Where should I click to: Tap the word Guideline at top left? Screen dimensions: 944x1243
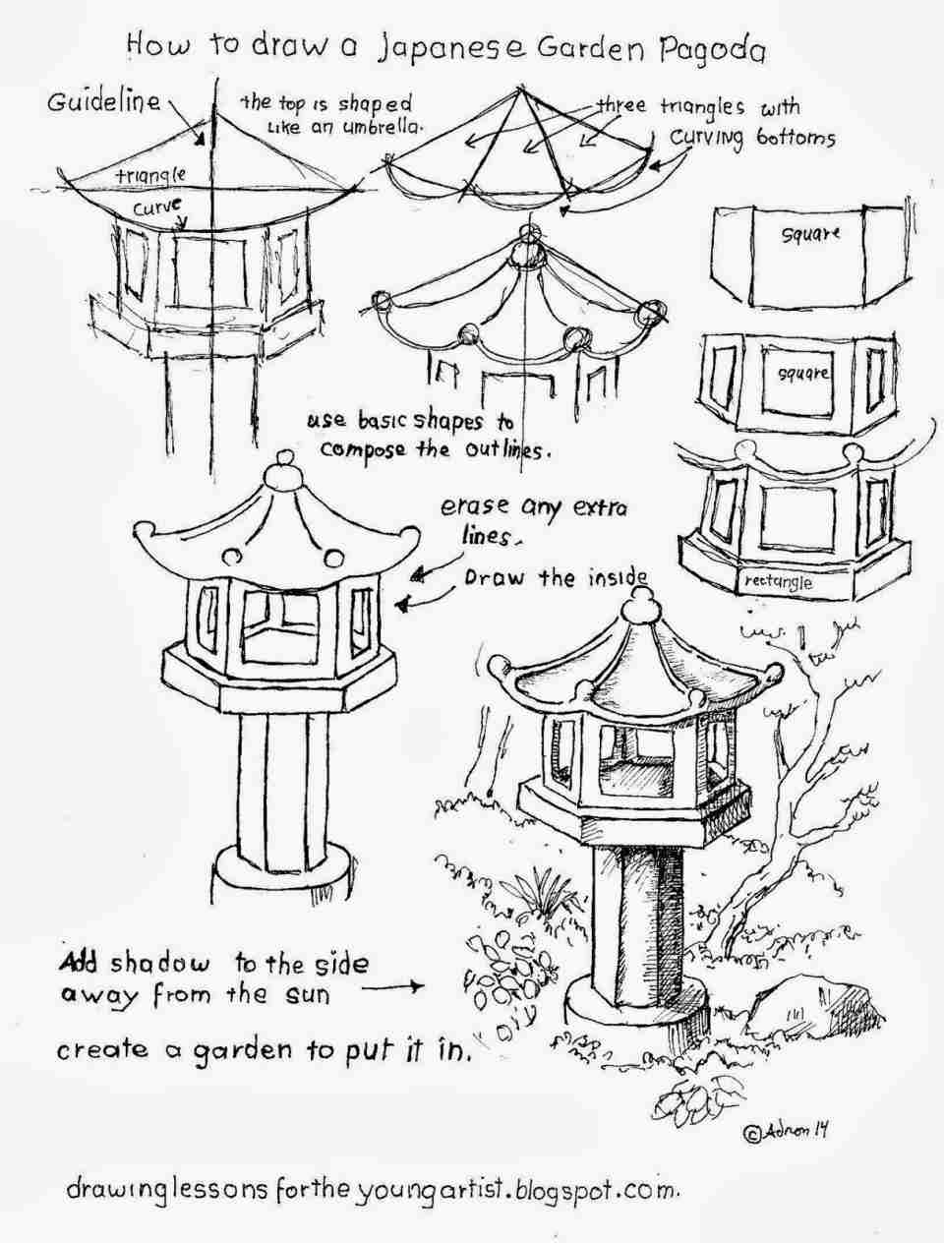pos(103,102)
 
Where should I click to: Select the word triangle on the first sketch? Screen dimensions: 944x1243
pos(150,175)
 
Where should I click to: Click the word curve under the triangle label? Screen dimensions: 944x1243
pos(157,207)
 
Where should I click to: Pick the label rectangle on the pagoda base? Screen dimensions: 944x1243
pos(778,582)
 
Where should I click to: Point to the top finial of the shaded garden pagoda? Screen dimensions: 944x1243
pos(641,606)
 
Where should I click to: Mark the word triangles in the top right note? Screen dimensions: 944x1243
pos(702,107)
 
